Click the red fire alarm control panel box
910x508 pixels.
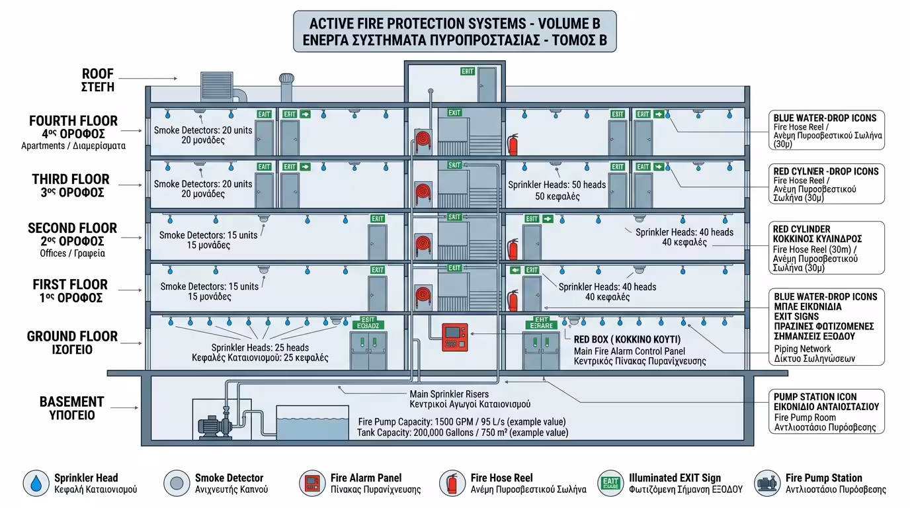tap(454, 337)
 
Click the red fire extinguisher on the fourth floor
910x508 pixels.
tap(512, 144)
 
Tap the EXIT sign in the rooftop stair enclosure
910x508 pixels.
tap(468, 71)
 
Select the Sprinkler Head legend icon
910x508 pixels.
tap(35, 483)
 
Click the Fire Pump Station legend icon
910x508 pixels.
tap(766, 483)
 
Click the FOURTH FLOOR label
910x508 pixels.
tap(73, 121)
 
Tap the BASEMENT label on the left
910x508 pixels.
tap(71, 402)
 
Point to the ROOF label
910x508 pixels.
tap(98, 73)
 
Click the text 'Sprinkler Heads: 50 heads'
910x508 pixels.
tap(557, 185)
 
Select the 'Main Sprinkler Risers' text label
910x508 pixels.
tap(449, 394)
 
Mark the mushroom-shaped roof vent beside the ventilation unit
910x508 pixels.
tap(286, 85)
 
